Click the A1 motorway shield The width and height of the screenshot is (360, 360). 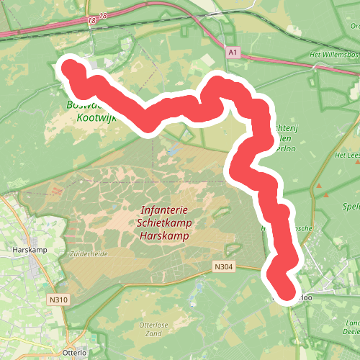(231, 53)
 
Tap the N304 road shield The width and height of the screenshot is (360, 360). (223, 266)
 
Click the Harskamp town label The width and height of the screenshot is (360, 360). (30, 251)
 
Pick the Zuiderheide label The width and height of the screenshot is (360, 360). (88, 254)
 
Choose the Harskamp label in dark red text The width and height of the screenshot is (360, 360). (166, 235)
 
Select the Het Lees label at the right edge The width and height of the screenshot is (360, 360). (347, 156)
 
